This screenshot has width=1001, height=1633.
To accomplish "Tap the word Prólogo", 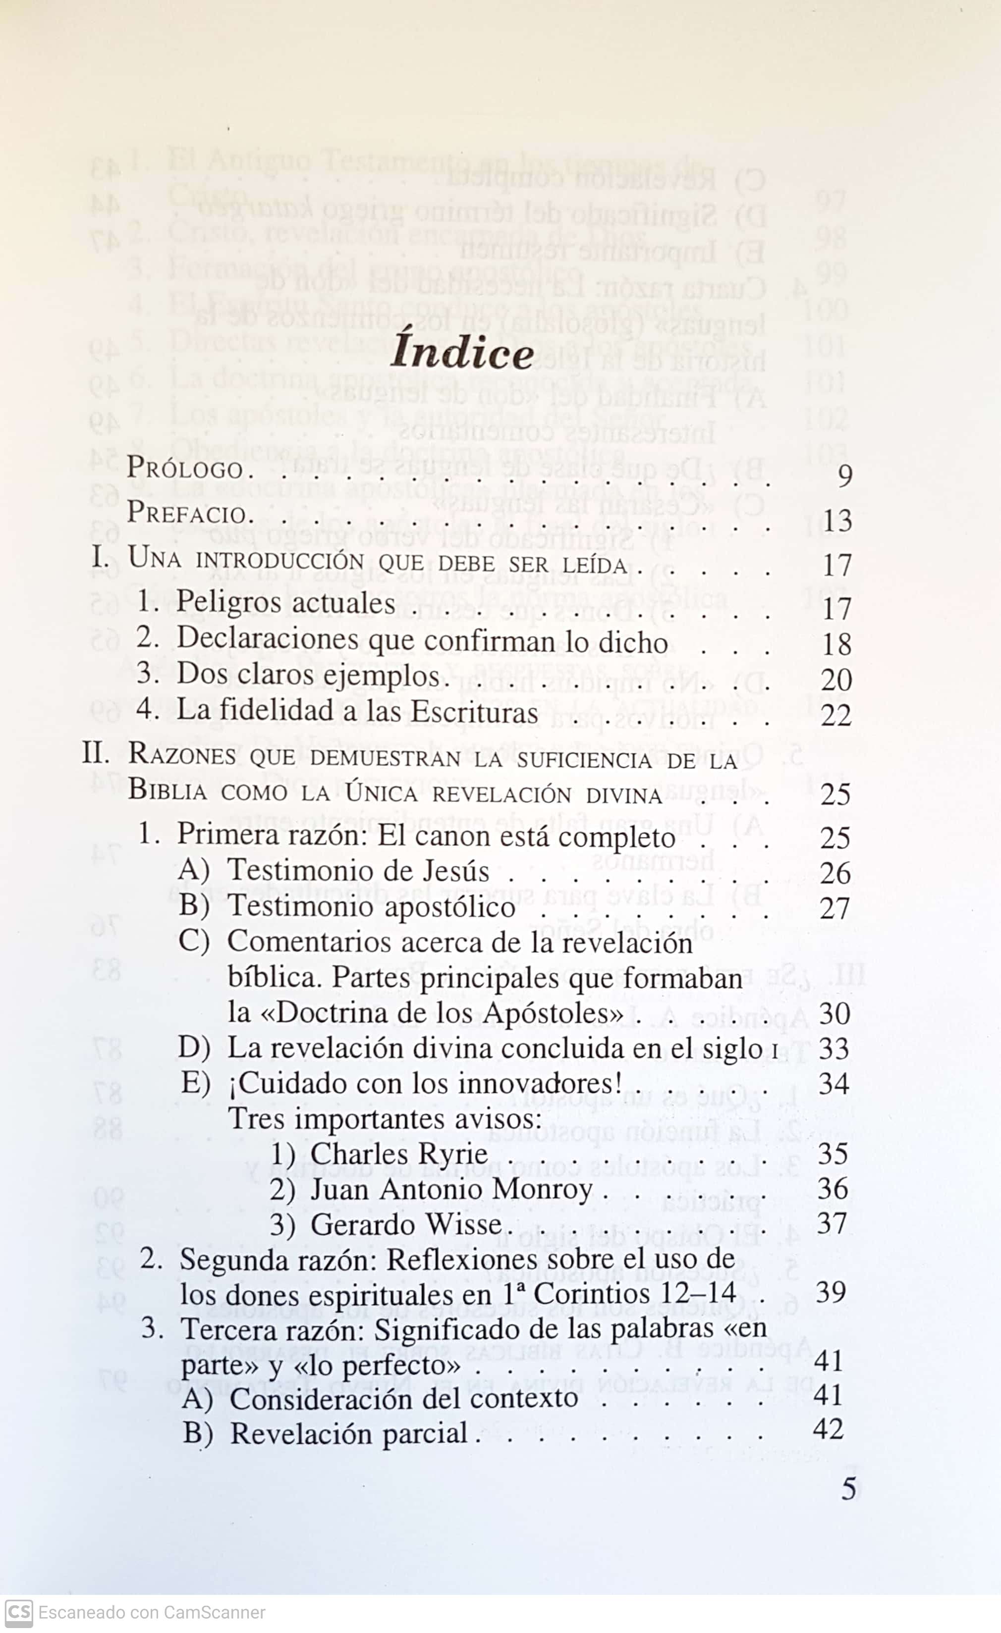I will pos(185,469).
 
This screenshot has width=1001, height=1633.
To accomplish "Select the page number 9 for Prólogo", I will pos(844,476).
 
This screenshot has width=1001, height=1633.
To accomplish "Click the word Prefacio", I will pos(186,513).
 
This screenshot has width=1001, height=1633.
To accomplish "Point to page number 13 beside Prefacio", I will pos(836,521).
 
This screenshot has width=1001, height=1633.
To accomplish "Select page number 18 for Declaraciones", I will pos(836,644).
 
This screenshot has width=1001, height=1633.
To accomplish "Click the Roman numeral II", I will pos(95,753).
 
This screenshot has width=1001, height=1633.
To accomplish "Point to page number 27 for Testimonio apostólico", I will pos(834,907).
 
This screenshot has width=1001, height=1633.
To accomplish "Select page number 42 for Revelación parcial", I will pos(828,1429).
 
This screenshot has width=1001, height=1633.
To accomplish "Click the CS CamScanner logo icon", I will pos(18,1613).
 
